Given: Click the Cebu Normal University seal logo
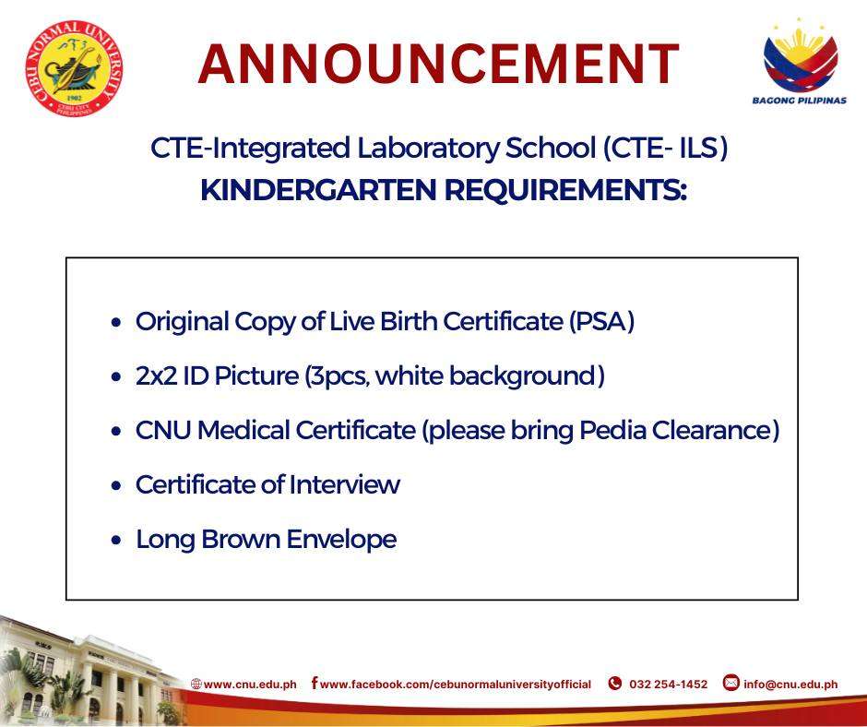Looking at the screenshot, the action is [x=74, y=68].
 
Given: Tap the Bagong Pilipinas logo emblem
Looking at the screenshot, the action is [x=800, y=55].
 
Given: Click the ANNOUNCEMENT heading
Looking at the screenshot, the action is [x=438, y=65].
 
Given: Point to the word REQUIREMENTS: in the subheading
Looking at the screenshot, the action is [x=565, y=190].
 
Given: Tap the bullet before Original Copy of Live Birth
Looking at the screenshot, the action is [x=115, y=323].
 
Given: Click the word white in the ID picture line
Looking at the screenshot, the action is [x=409, y=376].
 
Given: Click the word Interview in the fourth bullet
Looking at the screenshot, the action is [x=345, y=484].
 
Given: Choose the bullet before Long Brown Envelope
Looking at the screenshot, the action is [x=115, y=541].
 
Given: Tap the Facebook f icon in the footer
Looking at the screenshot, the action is [x=315, y=683].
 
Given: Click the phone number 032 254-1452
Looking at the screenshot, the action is [x=669, y=685].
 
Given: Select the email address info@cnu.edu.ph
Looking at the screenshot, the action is [x=790, y=685].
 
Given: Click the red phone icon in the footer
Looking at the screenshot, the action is [x=615, y=684].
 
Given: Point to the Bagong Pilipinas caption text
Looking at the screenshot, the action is [x=800, y=101].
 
